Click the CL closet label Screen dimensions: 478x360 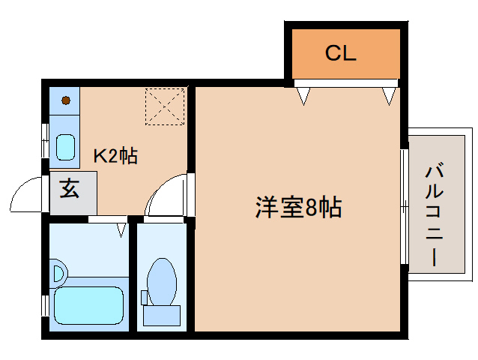click(340, 53)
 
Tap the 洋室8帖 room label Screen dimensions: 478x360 click(298, 208)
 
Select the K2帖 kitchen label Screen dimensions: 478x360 click(115, 155)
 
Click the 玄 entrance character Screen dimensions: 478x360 click(70, 188)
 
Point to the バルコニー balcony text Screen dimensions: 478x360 click(434, 215)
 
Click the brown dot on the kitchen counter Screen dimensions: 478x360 click(66, 100)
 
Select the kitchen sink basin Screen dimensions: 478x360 click(65, 147)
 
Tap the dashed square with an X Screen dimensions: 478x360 click(165, 106)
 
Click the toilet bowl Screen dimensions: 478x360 click(162, 281)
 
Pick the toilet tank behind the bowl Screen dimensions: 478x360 click(162, 316)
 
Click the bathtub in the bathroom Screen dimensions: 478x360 click(88, 306)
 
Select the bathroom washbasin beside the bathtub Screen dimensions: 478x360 click(59, 273)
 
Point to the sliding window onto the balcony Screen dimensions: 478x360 click(405, 206)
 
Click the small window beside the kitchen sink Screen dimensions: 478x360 click(45, 140)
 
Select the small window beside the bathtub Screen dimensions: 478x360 click(45, 306)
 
